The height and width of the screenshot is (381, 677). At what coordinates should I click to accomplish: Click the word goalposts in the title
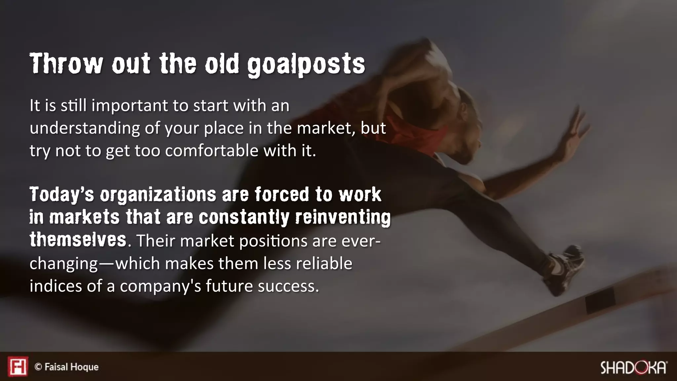[306, 64]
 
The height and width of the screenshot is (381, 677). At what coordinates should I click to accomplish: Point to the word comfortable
[212, 151]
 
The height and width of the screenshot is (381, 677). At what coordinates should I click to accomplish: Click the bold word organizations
[158, 194]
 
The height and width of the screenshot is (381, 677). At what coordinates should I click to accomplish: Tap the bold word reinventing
[342, 217]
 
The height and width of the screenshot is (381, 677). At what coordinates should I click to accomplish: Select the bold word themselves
[78, 239]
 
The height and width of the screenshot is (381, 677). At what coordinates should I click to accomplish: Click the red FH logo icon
[18, 366]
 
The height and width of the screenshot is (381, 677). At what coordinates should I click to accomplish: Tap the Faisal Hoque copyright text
[67, 367]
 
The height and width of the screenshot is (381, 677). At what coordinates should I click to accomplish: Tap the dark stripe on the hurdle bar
[600, 300]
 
